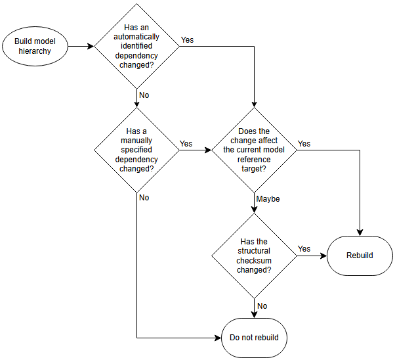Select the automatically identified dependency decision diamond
tap(136, 46)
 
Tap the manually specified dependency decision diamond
tap(136, 150)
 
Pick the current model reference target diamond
tap(254, 150)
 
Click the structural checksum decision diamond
tap(254, 255)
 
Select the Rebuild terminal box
tap(360, 255)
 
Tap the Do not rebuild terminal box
tap(254, 338)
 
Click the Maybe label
tap(268, 199)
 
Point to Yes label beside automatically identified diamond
tap(187, 40)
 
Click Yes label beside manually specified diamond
tap(186, 143)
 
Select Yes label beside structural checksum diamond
tap(304, 249)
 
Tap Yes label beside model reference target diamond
tap(304, 143)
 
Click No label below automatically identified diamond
tap(144, 95)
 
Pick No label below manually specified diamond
tap(144, 198)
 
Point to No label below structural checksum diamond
tap(262, 305)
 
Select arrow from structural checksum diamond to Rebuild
tap(312, 255)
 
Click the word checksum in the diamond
tap(254, 261)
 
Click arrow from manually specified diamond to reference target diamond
tap(195, 150)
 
